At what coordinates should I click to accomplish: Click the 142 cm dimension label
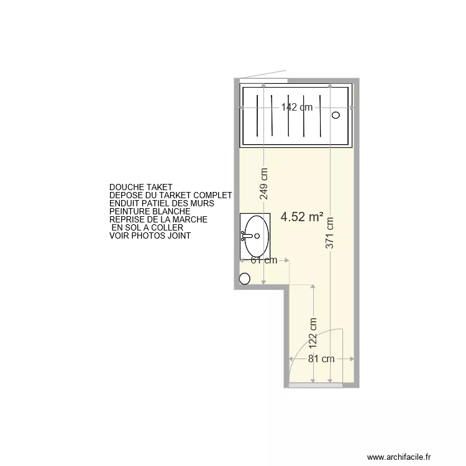click(296, 107)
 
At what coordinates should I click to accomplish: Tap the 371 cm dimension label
click(330, 232)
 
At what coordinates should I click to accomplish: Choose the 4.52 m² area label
click(302, 217)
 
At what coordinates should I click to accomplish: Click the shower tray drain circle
click(336, 115)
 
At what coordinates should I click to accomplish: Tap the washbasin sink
click(256, 235)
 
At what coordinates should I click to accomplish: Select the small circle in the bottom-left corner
click(244, 280)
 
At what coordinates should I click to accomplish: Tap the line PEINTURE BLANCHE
click(150, 211)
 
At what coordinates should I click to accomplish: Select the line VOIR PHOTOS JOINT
click(150, 236)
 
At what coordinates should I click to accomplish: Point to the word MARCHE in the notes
click(187, 219)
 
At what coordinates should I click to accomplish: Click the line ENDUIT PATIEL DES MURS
click(162, 203)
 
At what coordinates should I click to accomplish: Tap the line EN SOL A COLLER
click(147, 227)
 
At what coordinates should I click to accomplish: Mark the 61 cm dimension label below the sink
click(263, 260)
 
